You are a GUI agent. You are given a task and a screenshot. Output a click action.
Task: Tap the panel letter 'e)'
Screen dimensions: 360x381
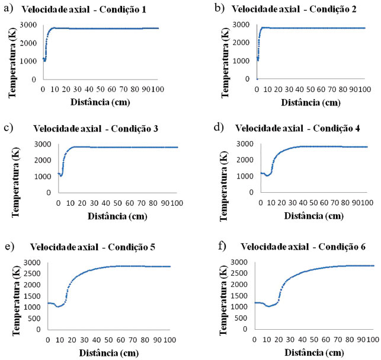[x=8, y=246]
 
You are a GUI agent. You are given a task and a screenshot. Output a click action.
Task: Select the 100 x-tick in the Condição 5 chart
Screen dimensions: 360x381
[x=170, y=340]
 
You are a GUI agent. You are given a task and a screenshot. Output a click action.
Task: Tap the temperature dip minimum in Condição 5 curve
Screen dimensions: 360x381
[x=57, y=306]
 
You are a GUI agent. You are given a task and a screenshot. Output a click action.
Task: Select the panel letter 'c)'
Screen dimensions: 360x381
[x=8, y=127]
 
